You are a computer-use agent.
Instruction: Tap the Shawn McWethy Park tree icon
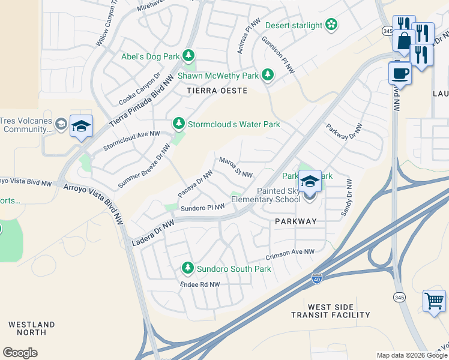[267, 76]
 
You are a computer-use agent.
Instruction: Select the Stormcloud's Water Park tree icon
[178, 124]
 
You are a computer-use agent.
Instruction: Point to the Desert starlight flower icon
[331, 25]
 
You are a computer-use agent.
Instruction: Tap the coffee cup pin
[400, 73]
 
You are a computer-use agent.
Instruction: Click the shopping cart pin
[434, 299]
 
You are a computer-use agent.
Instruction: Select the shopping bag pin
[403, 40]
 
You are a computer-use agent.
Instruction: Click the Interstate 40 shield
[316, 279]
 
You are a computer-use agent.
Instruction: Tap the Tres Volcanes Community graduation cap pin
[81, 126]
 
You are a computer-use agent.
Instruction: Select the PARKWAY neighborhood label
[295, 221]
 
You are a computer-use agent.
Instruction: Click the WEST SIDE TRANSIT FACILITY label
[331, 311]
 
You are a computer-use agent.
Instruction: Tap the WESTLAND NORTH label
[32, 328]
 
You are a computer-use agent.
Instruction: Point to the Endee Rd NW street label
[200, 284]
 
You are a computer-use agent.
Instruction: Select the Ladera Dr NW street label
[152, 232]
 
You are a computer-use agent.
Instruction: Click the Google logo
[20, 353]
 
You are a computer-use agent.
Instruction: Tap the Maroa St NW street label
[235, 167]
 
